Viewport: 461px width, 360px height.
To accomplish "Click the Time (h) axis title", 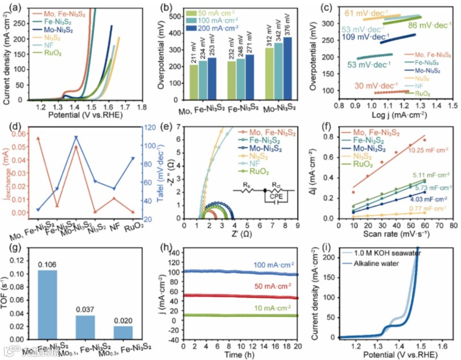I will (240, 355).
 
